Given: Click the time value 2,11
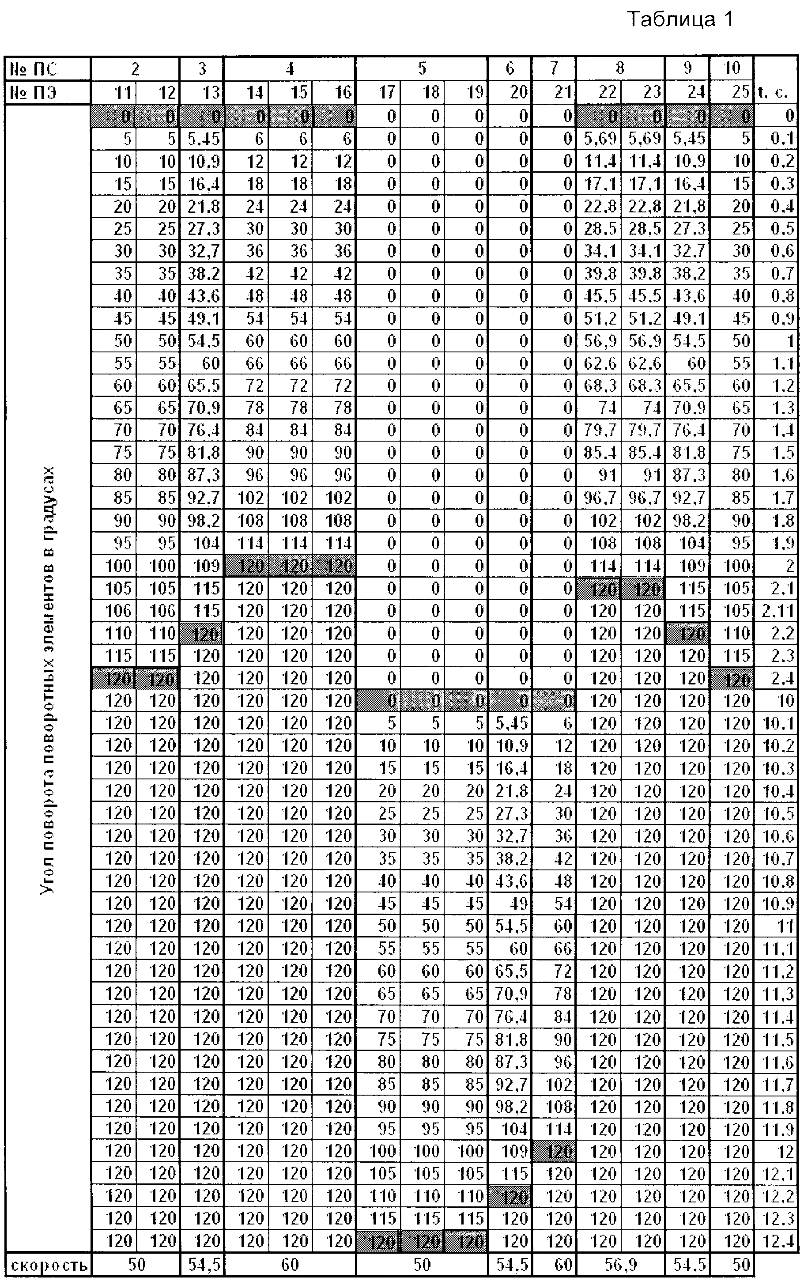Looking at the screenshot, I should pos(778,611).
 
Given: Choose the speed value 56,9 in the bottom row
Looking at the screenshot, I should pos(620,1265).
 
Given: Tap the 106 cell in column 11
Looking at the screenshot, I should pos(118,611).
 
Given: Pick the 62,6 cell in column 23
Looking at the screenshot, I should pos(645,364).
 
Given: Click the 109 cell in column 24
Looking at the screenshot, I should pos(692,566).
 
